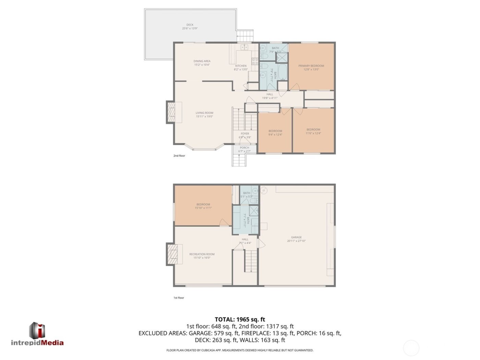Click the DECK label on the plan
(190, 25)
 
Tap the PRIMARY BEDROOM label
(311, 66)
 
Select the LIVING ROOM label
(204, 113)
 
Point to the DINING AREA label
(202, 61)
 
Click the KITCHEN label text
(241, 66)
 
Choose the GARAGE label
(296, 237)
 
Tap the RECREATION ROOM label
(202, 254)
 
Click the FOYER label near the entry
(245, 134)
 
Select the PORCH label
(244, 148)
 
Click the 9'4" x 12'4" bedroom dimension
(275, 135)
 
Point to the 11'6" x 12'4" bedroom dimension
(313, 133)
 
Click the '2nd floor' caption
(179, 156)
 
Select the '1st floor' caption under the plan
(179, 298)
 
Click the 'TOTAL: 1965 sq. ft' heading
(240, 319)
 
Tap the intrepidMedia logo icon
(37, 331)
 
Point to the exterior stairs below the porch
(239, 160)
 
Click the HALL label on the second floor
(270, 94)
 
